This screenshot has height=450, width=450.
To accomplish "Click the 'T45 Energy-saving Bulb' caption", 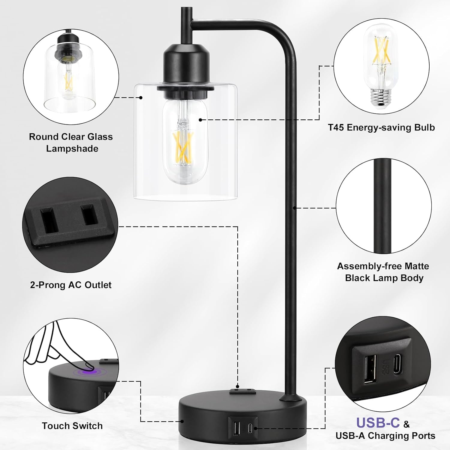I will point(381,127).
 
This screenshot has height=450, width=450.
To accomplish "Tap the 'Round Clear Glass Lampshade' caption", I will point(71,142).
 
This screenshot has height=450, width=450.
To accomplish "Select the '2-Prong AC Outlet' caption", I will point(71,285).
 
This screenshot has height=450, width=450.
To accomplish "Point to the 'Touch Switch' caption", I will point(72,426).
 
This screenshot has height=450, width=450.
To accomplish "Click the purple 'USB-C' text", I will point(378,423).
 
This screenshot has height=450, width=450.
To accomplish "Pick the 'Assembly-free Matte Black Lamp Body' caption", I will point(383,272).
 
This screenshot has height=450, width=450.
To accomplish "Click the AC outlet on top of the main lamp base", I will point(242,391).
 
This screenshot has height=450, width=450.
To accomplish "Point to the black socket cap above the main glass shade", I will point(185,64).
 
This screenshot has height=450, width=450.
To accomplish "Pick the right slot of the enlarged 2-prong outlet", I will point(89,214).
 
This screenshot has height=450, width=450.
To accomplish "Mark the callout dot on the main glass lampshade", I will point(141,97).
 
